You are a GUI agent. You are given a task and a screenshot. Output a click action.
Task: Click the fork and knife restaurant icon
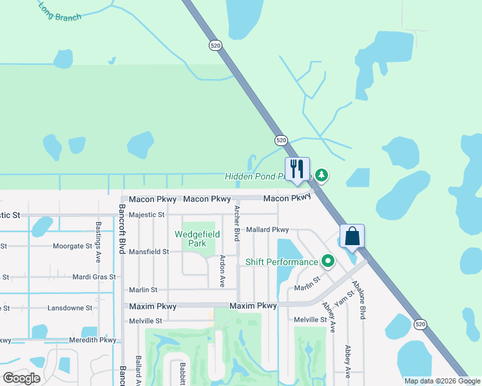[x=297, y=169]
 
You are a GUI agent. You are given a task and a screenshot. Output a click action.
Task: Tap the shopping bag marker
[x=352, y=235]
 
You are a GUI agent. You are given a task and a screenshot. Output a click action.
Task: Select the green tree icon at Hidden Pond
[x=322, y=175]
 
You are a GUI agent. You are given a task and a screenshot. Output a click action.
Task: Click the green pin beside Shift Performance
[x=328, y=261]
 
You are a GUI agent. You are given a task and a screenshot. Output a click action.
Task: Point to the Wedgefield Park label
[x=191, y=239]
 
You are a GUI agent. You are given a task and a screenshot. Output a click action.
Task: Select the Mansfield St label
[x=149, y=252]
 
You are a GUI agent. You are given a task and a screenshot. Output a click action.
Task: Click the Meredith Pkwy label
[x=94, y=340]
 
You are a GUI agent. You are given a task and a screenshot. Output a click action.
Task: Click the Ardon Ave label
[x=222, y=271]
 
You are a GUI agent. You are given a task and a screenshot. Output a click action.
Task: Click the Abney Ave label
[x=329, y=317]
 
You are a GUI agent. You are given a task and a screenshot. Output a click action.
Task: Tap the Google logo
[x=22, y=378]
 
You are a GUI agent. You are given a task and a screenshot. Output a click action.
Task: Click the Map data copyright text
[x=441, y=381]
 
